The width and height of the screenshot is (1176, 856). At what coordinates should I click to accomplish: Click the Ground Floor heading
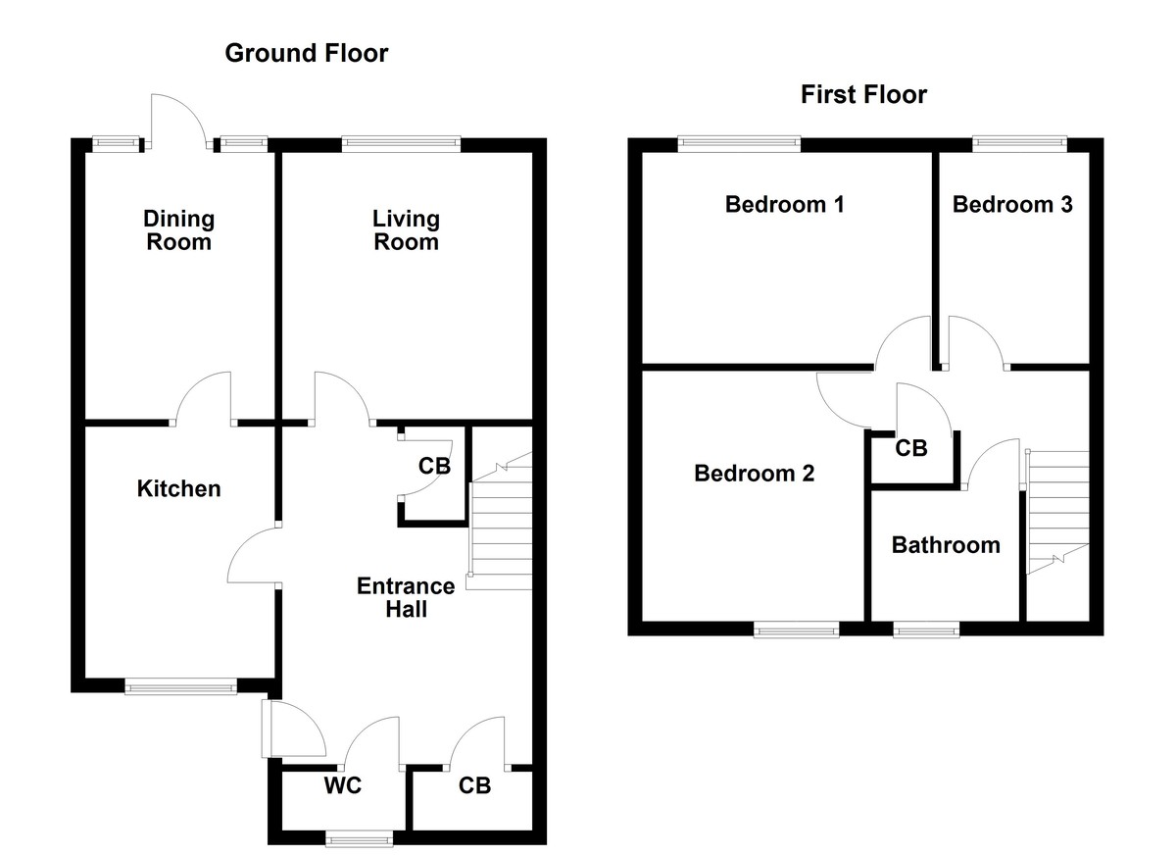pos(306,53)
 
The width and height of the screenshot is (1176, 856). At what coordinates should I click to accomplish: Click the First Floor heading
pos(863,95)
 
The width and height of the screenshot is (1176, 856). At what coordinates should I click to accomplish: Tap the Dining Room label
pos(178,230)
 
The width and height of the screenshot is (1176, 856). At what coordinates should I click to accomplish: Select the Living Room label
pos(406,230)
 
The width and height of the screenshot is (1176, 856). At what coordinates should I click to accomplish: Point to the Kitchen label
pos(178,488)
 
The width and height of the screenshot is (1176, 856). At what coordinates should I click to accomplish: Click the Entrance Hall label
pos(406,597)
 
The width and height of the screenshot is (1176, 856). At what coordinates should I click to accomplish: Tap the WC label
pos(343,786)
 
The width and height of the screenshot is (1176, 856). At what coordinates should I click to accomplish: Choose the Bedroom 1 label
pos(784,205)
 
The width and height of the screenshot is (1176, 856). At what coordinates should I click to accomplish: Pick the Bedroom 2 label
pos(754,474)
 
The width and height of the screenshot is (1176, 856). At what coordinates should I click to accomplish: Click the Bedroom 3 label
pos(1011,205)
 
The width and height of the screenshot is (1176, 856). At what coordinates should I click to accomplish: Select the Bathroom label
pos(946,545)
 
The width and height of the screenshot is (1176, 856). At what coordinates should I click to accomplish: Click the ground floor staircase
pos(501,525)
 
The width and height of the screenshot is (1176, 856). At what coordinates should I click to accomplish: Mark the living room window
pos(401,144)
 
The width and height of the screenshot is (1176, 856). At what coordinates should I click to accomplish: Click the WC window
pos(359,838)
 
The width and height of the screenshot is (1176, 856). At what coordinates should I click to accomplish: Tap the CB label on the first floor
pos(911,448)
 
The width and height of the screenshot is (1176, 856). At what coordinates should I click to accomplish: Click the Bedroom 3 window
pos(1019,144)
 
